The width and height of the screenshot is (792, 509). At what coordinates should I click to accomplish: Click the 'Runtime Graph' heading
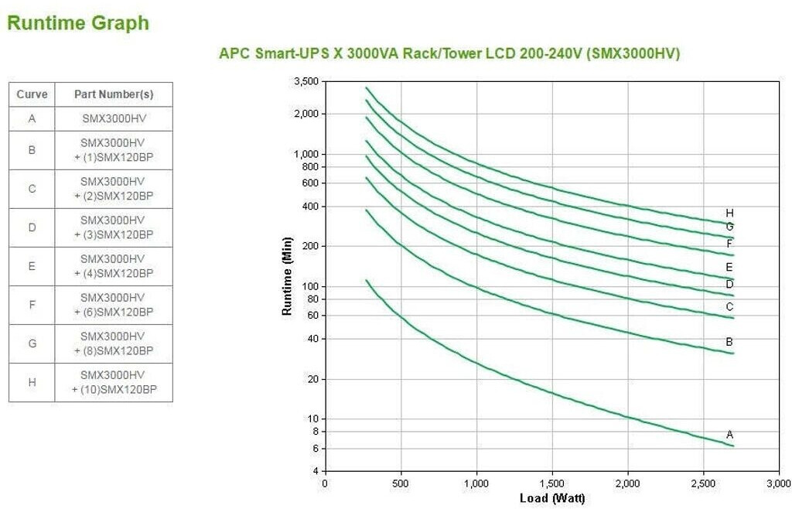click(x=77, y=23)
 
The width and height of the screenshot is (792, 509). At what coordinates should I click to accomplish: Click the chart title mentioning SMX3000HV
click(x=449, y=53)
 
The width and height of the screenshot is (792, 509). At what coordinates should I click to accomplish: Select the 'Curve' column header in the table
click(x=32, y=94)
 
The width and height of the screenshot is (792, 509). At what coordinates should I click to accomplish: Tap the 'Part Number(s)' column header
click(x=114, y=94)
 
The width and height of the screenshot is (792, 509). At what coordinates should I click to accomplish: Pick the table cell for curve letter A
click(x=32, y=119)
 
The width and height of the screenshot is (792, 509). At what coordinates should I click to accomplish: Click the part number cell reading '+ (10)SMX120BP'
click(x=114, y=382)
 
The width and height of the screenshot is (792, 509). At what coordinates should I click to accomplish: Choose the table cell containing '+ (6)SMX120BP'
click(x=114, y=305)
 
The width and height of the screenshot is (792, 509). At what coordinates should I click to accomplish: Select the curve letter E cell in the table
click(x=32, y=266)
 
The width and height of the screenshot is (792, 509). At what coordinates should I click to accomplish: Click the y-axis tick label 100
click(x=311, y=286)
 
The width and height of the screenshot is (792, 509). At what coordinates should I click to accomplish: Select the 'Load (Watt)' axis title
click(x=551, y=498)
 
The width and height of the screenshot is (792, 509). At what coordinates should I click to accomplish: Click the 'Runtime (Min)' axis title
click(x=287, y=276)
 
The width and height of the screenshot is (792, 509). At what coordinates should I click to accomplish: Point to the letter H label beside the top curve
click(x=729, y=213)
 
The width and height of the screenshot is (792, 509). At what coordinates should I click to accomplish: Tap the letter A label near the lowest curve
click(x=729, y=435)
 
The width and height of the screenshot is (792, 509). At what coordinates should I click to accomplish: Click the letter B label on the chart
click(x=729, y=341)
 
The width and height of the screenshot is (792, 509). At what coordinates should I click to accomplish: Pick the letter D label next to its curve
click(x=729, y=284)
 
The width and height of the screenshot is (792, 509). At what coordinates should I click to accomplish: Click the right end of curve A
click(x=732, y=446)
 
